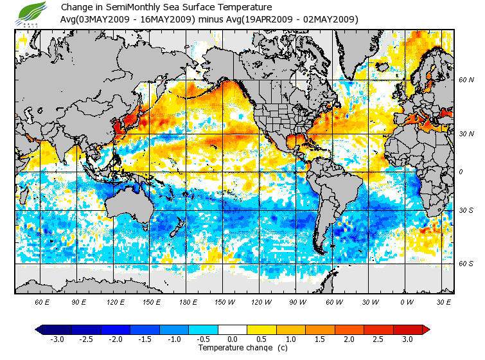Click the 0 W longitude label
tap(405, 301)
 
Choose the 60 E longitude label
tap(42, 301)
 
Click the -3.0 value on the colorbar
tap(57, 339)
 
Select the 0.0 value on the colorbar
tap(233, 339)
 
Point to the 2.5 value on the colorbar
tap(379, 339)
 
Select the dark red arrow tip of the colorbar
tap(426, 329)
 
